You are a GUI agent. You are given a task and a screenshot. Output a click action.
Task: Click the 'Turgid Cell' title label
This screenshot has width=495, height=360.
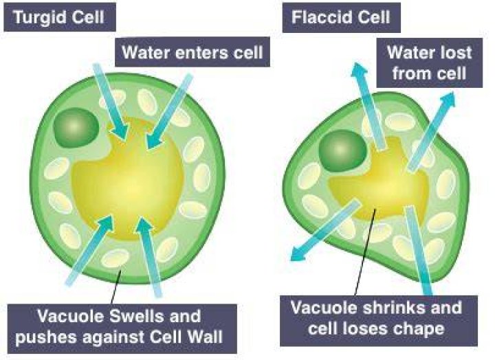tap(60, 16)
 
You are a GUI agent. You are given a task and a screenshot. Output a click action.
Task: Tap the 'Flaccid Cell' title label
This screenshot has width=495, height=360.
tap(341, 17)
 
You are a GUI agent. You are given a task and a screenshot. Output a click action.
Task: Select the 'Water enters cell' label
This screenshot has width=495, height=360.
tap(192, 52)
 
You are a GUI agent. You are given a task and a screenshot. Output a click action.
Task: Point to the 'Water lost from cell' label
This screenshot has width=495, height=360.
tap(429, 63)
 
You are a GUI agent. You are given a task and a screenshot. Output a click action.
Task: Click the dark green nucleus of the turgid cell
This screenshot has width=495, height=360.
tap(76, 127)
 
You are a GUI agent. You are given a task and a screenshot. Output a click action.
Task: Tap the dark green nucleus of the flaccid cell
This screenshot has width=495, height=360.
tap(342, 151)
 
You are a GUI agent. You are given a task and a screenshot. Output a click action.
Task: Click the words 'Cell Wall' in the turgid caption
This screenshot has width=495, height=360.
tap(186, 337)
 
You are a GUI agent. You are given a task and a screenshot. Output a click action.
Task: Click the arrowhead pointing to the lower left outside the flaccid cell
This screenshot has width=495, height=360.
tap(298, 253)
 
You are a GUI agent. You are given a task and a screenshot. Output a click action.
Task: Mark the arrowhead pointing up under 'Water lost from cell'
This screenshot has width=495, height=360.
tap(360, 69)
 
